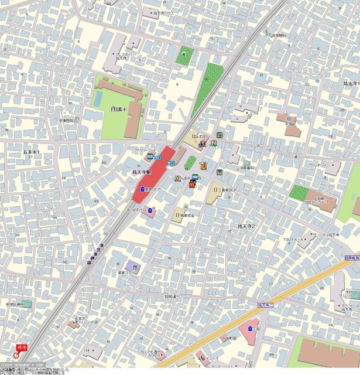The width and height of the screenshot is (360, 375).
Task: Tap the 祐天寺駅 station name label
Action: click(140, 172)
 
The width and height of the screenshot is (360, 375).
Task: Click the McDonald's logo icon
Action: click(191, 183)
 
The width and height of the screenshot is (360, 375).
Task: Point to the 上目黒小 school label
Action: click(119, 109)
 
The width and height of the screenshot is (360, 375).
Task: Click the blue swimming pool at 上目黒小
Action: click(98, 97)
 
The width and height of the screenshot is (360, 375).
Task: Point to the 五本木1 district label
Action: click(31, 152)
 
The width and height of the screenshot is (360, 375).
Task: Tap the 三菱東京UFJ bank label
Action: click(232, 189)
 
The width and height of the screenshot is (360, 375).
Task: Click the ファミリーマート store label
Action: click(144, 150)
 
